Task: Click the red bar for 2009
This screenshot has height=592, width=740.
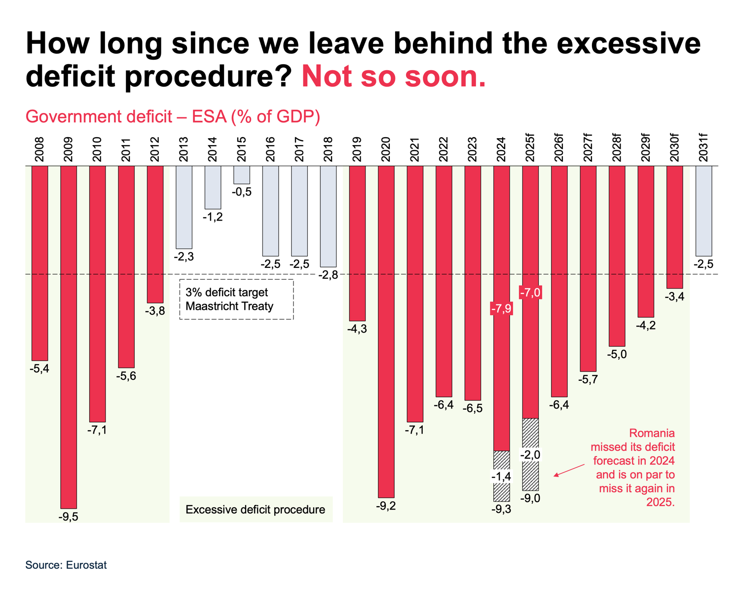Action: [x=69, y=337]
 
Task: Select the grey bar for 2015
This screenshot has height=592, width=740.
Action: [x=242, y=175]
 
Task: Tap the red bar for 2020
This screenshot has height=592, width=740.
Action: [x=386, y=332]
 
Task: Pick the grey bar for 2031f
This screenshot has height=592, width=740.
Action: [x=703, y=211]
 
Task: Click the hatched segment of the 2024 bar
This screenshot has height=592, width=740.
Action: [x=502, y=476]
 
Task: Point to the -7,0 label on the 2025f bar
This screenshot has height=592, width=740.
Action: [x=530, y=293]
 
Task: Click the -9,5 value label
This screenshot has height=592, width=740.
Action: [x=69, y=517]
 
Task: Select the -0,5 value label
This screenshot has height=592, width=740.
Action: [x=242, y=192]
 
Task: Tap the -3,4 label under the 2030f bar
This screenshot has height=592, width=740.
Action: [x=675, y=296]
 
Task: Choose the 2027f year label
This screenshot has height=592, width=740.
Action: [x=588, y=148]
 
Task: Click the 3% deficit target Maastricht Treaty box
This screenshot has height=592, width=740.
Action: [x=236, y=299]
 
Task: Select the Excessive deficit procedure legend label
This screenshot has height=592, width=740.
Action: [x=256, y=510]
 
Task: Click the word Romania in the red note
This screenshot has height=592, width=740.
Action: [x=652, y=433]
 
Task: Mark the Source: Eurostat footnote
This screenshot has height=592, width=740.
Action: [x=66, y=565]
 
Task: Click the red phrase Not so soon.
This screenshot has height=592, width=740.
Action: [x=394, y=76]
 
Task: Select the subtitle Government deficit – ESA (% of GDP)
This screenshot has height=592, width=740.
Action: [x=173, y=117]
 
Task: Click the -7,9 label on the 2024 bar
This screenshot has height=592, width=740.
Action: [x=501, y=309]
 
